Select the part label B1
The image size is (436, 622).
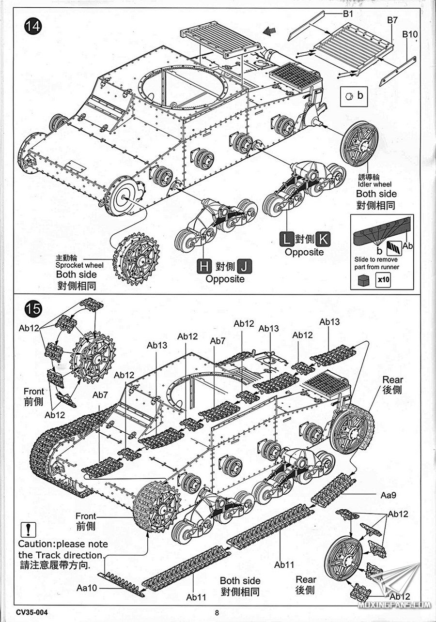[x=347, y=14]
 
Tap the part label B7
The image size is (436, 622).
[x=392, y=20]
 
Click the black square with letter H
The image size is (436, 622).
[x=203, y=266]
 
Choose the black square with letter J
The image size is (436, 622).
[x=246, y=266]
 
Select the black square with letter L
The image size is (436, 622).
[x=286, y=239]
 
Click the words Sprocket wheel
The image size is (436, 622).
[x=76, y=265]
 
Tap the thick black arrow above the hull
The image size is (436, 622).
[x=267, y=31]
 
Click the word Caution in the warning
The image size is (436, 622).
[x=35, y=544]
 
